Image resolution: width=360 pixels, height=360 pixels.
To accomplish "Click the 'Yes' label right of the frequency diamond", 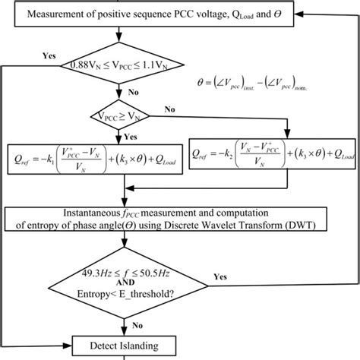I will click(x=220, y=277).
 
